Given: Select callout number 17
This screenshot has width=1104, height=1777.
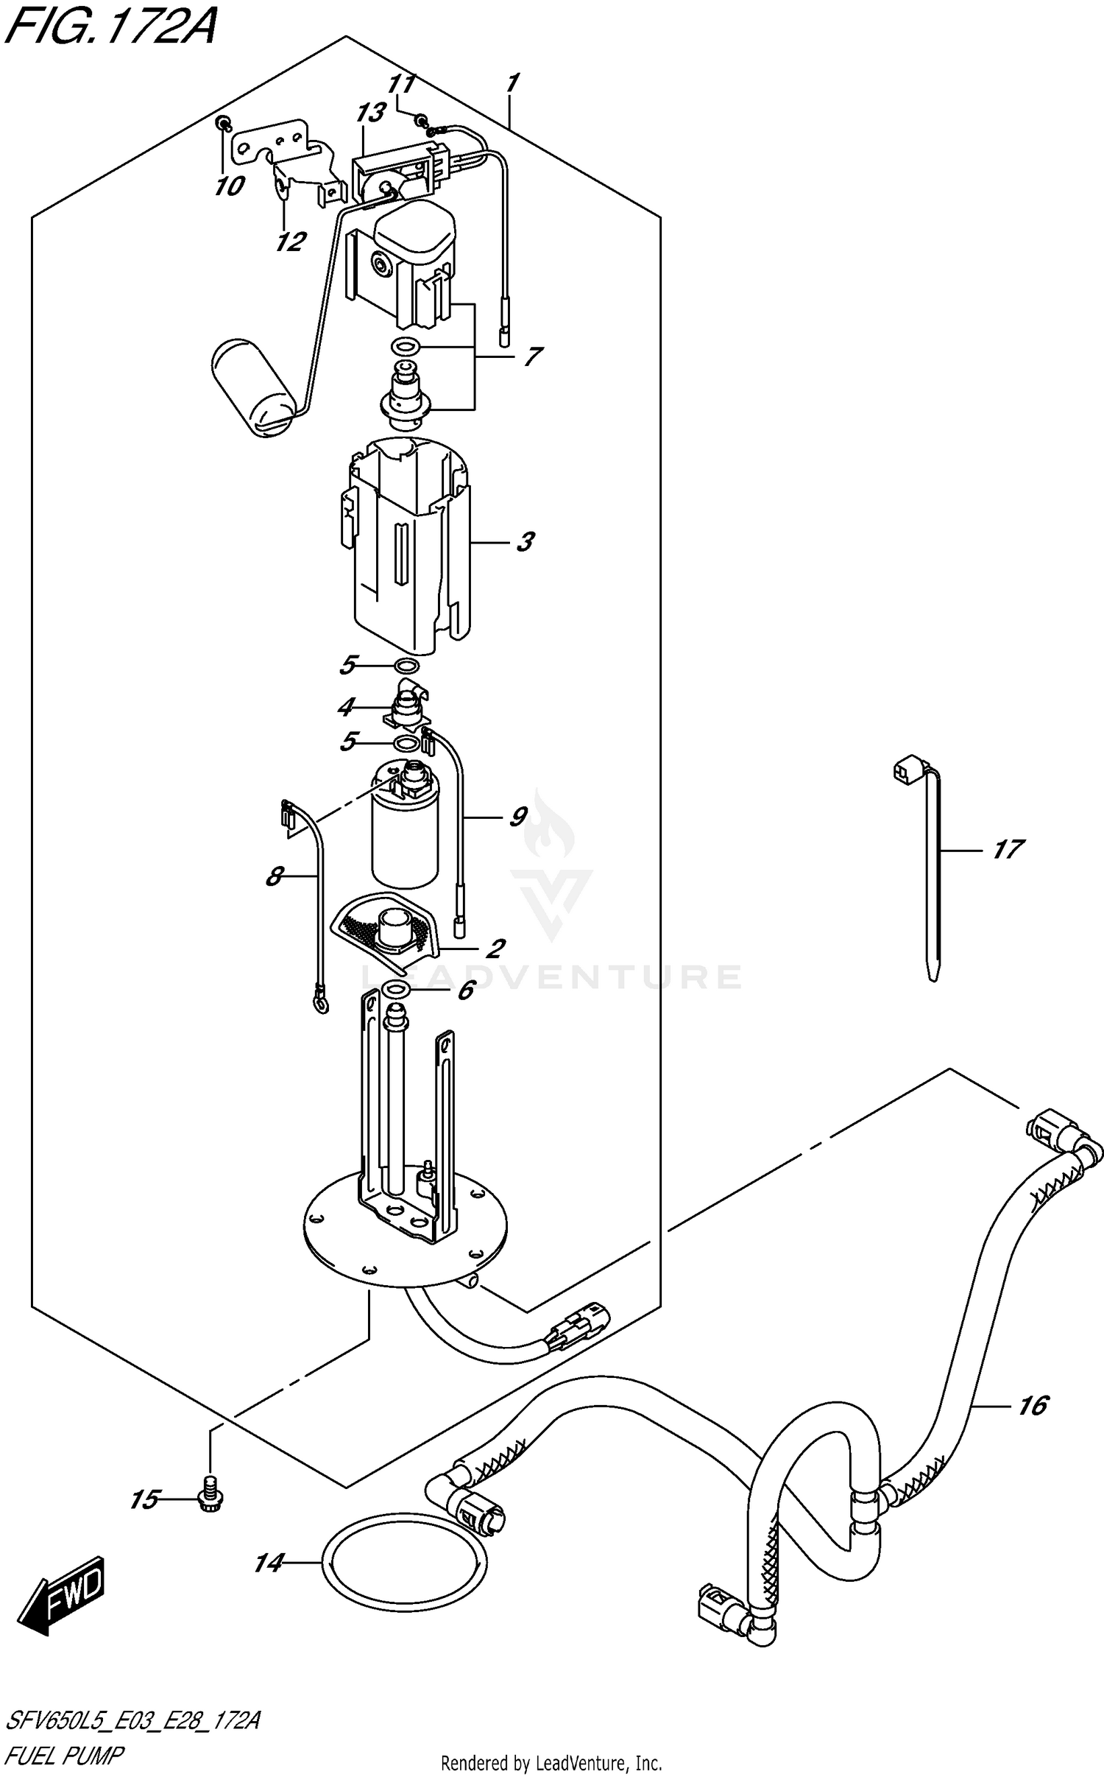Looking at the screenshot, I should coord(1007,850).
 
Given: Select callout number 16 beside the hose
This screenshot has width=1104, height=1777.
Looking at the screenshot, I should coord(1032,1406).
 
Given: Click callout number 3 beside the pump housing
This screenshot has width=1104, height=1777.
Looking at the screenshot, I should coord(523,543).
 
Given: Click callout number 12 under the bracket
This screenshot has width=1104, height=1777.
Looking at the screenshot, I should coord(290,241).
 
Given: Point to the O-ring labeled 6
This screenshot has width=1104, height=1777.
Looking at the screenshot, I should coord(396,988).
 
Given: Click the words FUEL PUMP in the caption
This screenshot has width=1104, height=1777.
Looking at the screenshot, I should coord(65,1755).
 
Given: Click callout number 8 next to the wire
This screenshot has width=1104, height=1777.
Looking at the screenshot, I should coord(274,876).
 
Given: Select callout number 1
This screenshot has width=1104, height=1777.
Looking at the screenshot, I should coord(512,82).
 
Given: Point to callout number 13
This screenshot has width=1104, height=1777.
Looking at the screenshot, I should coord(370,113).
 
